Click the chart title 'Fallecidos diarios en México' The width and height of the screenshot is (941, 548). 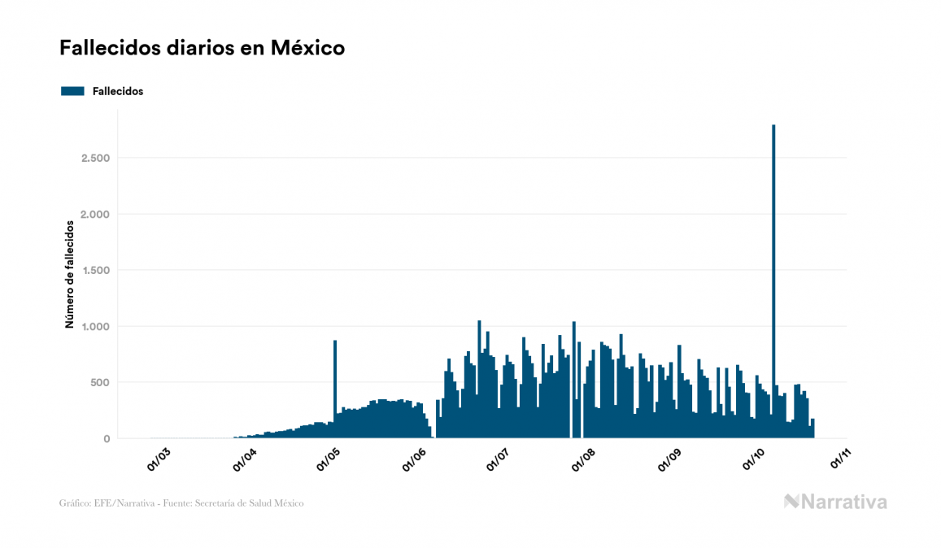point(202,48)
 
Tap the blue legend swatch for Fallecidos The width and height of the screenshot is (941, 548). point(72,91)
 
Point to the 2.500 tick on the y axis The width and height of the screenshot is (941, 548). point(95,158)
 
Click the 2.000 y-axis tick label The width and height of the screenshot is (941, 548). point(95,214)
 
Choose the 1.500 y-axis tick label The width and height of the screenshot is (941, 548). point(95,270)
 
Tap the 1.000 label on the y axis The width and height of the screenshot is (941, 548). point(95,326)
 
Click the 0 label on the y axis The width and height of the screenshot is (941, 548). point(107,439)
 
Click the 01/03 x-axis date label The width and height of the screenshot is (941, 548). point(159,459)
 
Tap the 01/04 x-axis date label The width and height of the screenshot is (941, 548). point(244,459)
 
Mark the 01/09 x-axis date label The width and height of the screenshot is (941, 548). point(671,459)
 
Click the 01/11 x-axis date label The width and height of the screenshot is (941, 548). point(840,459)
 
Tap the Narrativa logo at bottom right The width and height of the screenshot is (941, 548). point(835,502)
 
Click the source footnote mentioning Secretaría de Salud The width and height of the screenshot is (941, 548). point(181,503)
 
